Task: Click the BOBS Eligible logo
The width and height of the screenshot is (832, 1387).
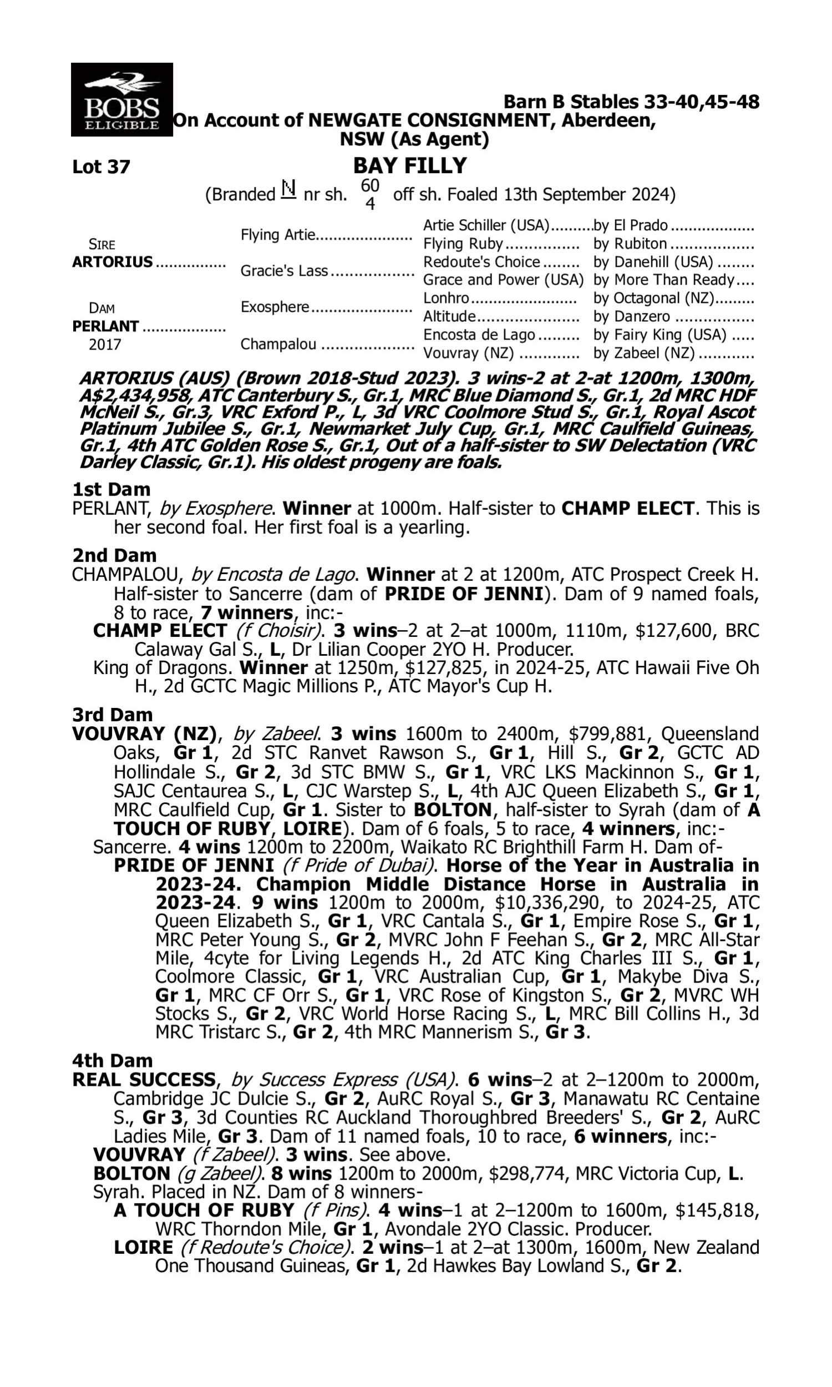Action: pyautogui.click(x=121, y=100)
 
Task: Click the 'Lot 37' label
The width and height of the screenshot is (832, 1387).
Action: pyautogui.click(x=101, y=167)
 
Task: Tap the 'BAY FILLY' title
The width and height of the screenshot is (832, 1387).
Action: pyautogui.click(x=410, y=166)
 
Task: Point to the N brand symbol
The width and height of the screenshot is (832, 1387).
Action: pyautogui.click(x=288, y=190)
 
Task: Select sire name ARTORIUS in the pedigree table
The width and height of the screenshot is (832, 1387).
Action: pyautogui.click(x=112, y=262)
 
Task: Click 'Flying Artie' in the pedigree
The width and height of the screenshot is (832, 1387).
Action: pyautogui.click(x=277, y=234)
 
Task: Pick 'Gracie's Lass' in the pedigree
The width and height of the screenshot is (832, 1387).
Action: pyautogui.click(x=283, y=271)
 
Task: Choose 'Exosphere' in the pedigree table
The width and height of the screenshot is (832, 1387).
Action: pyautogui.click(x=275, y=307)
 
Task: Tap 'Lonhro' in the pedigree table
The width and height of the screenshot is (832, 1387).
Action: pyautogui.click(x=446, y=298)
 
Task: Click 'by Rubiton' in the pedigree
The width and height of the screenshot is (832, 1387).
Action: pyautogui.click(x=630, y=244)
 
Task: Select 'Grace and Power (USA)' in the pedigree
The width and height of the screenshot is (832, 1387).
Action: pyautogui.click(x=503, y=280)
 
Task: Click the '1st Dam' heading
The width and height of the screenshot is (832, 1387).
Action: pyautogui.click(x=111, y=489)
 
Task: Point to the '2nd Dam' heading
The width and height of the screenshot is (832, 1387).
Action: pyautogui.click(x=114, y=555)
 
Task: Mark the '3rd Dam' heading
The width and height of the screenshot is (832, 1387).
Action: pyautogui.click(x=112, y=715)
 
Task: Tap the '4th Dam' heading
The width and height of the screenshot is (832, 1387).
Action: pyautogui.click(x=112, y=1061)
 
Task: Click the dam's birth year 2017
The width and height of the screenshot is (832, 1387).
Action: pyautogui.click(x=105, y=344)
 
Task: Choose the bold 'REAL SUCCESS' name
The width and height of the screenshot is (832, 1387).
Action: pyautogui.click(x=144, y=1080)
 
